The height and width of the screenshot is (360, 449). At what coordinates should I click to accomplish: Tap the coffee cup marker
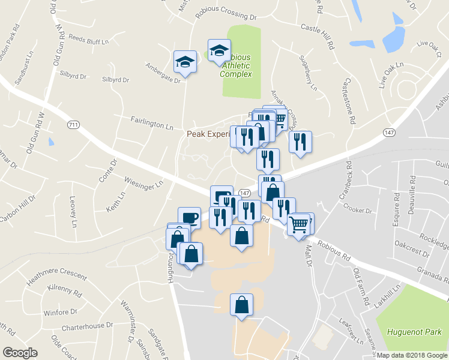click(189, 217)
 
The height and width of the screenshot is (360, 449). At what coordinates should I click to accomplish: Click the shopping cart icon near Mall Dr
click(298, 224)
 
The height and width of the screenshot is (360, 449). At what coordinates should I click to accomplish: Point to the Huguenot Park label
click(414, 331)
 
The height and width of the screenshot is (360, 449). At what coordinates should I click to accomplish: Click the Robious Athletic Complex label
click(235, 65)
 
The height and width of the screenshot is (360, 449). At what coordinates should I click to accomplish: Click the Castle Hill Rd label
click(319, 35)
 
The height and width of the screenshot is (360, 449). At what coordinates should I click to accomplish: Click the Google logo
click(20, 352)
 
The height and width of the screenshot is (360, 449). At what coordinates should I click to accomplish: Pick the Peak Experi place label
click(208, 135)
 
